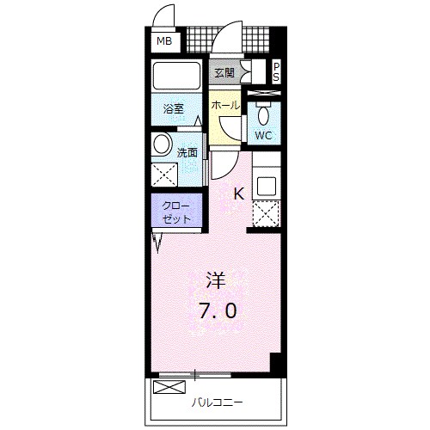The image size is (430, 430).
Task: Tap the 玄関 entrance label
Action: pyautogui.click(x=224, y=72)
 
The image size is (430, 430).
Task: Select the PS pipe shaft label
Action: pyautogui.click(x=276, y=72)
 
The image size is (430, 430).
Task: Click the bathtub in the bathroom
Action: pyautogui.click(x=175, y=77)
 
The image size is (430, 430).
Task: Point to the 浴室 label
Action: pyautogui.click(x=174, y=109)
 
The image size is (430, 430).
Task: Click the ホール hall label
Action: pyautogui.click(x=224, y=105)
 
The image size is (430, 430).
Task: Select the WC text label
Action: pyautogui.click(x=264, y=135)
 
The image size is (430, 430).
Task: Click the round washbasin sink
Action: pyautogui.click(x=163, y=144)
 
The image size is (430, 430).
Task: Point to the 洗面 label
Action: pyautogui.click(x=187, y=153)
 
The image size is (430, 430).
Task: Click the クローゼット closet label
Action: pyautogui.click(x=176, y=212)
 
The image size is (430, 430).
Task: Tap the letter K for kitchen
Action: pyautogui.click(x=238, y=194)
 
